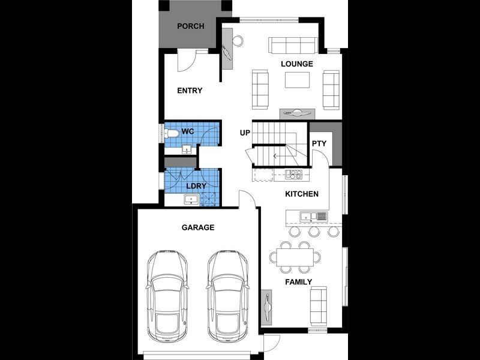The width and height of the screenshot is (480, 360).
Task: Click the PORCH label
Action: tap(190, 26)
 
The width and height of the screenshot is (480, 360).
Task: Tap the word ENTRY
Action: tap(190, 91)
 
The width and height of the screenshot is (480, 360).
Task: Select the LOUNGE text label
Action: tap(297, 64)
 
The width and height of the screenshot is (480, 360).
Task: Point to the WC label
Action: tap(188, 131)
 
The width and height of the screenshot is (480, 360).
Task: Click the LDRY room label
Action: tap(196, 186)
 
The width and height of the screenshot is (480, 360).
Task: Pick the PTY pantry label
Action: tap(319, 143)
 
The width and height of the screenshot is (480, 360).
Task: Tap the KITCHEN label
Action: tap(301, 194)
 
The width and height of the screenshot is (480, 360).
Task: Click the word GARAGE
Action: tap(197, 228)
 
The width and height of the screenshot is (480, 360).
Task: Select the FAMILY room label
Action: tap(298, 282)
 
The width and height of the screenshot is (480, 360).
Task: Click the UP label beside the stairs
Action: tap(245, 132)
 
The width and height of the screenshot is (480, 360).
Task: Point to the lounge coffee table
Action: tap(298, 80)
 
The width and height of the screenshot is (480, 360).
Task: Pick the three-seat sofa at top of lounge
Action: tap(293, 46)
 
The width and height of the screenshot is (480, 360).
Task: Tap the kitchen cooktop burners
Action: tap(294, 175)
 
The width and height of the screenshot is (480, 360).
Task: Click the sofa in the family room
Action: tap(319, 305)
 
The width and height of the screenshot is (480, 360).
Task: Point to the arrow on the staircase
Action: tap(275, 157)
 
